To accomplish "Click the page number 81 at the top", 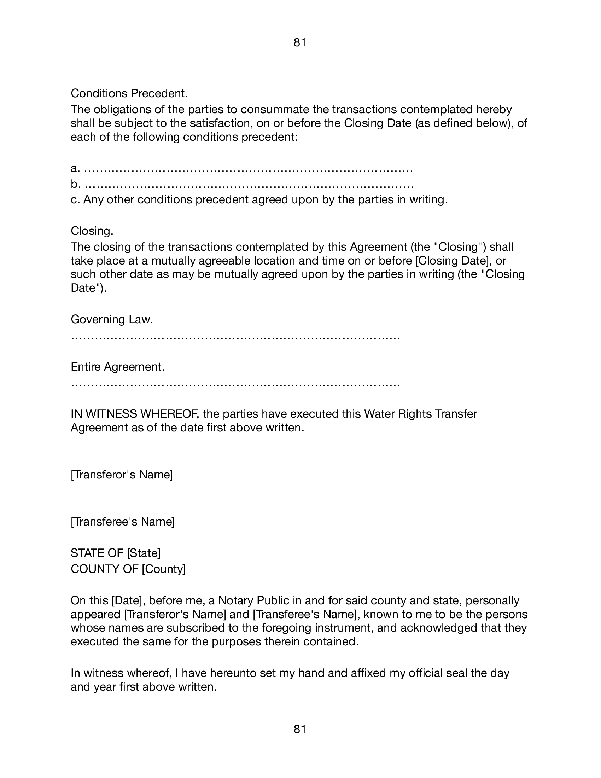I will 300,43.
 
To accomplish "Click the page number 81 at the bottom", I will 300,730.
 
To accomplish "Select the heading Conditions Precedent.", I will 129,93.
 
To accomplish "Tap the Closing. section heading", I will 92,231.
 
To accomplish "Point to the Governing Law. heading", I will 112,319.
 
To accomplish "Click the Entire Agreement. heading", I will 118,367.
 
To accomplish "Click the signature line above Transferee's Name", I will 144,510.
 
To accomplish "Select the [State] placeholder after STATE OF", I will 144,553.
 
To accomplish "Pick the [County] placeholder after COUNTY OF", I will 163,569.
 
